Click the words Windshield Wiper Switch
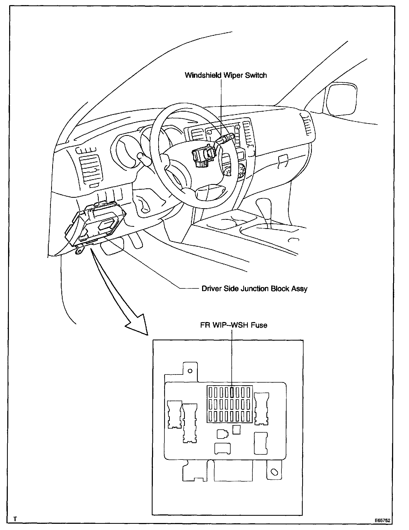click(x=226, y=75)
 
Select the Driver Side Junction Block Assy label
click(x=254, y=289)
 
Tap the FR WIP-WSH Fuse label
click(x=234, y=325)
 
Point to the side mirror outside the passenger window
click(x=341, y=99)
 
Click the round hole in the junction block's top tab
click(x=190, y=371)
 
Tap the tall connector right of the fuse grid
click(x=262, y=409)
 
